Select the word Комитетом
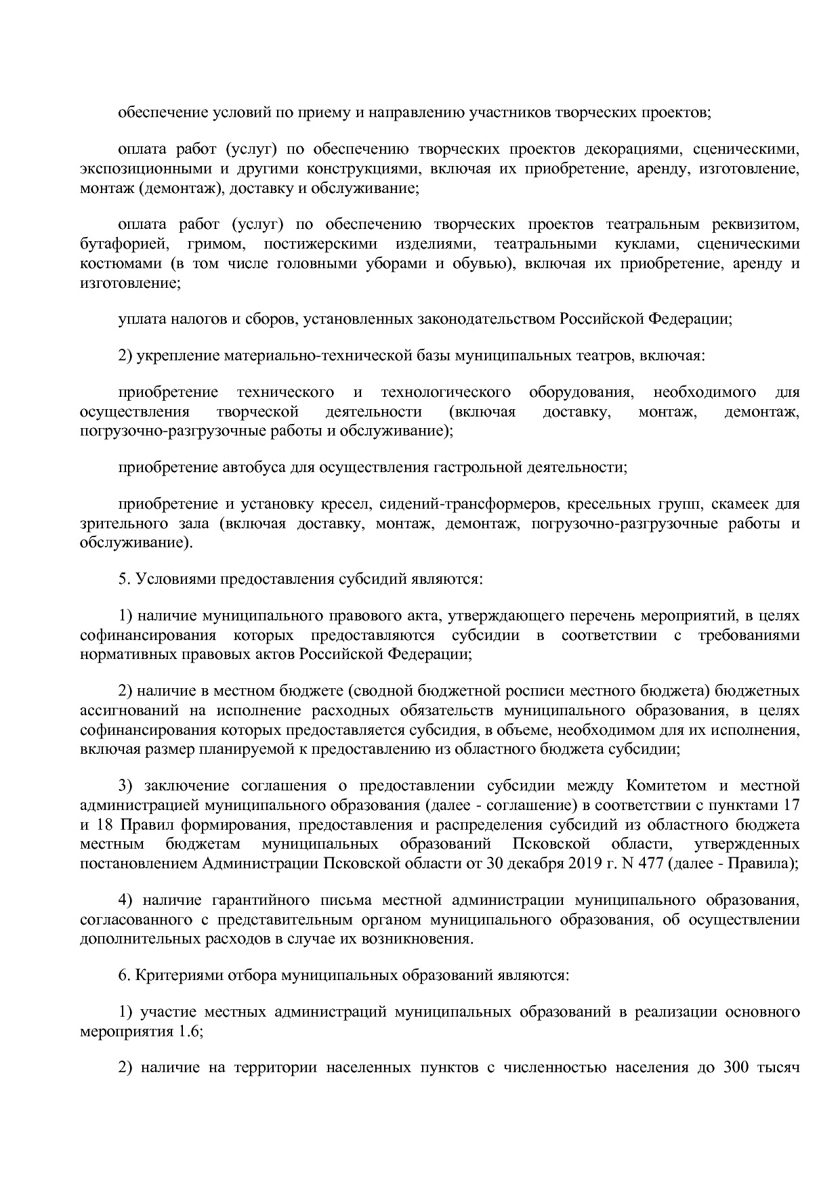click(x=667, y=786)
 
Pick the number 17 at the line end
click(x=791, y=806)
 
